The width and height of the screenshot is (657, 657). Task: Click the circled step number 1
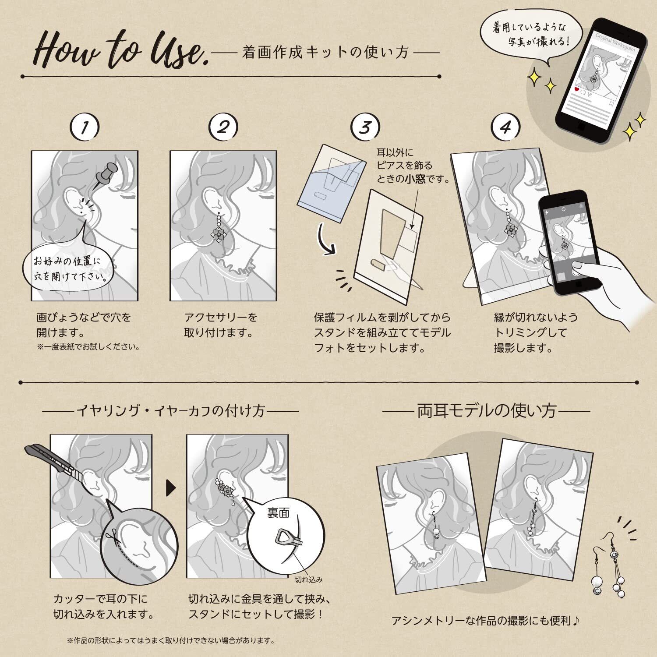(x=85, y=127)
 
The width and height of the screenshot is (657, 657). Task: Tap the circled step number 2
(x=223, y=127)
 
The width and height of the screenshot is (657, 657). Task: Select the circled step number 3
(x=365, y=127)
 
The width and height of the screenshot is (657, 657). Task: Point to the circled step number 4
(x=505, y=127)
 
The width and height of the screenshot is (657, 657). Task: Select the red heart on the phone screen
(x=576, y=89)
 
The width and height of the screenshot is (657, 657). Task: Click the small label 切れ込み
(x=308, y=579)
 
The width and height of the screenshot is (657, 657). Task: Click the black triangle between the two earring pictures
(x=171, y=488)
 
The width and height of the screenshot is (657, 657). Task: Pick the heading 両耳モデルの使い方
(x=487, y=411)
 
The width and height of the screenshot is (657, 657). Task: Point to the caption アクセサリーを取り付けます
(x=220, y=325)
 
